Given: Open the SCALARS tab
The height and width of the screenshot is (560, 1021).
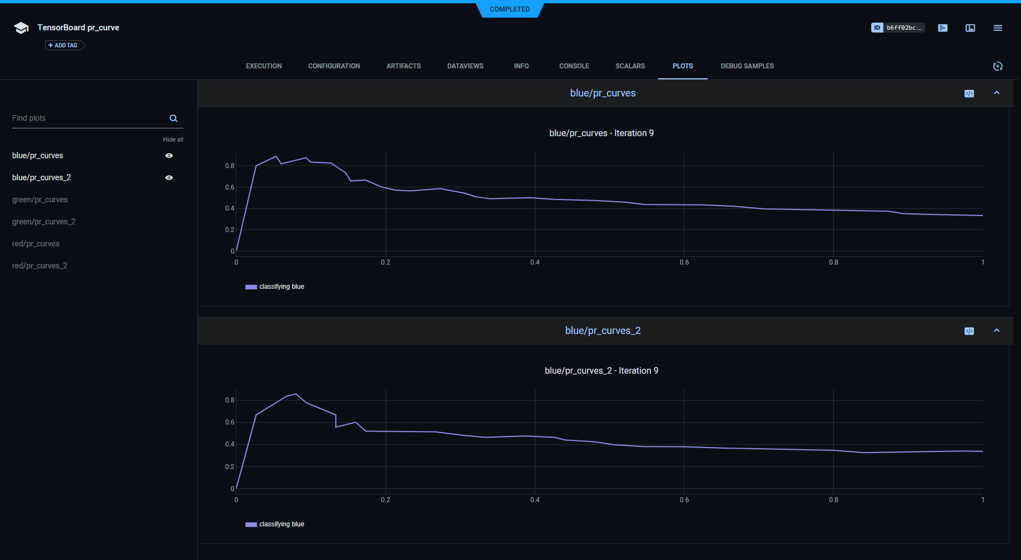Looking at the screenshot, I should [630, 66].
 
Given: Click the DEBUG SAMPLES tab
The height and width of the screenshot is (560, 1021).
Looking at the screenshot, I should [747, 66].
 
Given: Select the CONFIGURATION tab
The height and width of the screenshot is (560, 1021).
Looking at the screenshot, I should [334, 66].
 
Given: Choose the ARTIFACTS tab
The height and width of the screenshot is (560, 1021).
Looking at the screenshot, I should [403, 66].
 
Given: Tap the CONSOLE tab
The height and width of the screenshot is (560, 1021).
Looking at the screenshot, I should [574, 66].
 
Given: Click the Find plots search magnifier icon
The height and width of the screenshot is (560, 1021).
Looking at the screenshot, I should [173, 119].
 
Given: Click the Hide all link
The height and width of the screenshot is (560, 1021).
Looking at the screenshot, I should [173, 139].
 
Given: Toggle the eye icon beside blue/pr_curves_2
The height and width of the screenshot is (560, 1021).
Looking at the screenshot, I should [169, 177].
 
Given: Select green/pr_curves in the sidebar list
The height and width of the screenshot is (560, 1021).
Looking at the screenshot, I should [40, 200].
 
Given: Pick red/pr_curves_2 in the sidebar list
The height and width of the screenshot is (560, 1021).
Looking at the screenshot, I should [40, 266].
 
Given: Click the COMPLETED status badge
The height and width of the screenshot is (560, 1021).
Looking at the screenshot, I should [509, 9].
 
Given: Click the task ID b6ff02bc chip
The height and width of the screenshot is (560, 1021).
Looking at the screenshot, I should [898, 28].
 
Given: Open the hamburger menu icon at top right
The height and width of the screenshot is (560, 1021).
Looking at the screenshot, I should [997, 28].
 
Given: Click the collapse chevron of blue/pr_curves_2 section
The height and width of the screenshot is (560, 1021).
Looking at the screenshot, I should [996, 331].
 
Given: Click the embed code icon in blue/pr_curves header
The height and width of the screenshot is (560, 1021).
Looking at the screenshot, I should [969, 94].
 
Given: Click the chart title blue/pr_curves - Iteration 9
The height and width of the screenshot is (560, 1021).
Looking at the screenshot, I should [601, 133].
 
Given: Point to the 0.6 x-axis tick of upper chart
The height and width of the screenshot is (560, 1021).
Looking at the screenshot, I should [684, 262].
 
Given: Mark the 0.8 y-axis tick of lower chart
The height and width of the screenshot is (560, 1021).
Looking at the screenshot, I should [230, 400].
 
